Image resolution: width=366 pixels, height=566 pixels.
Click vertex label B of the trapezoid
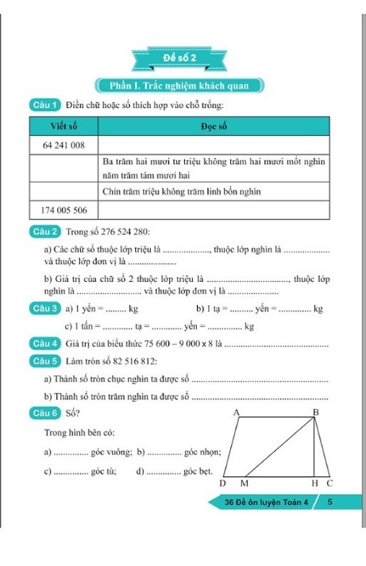(315, 413)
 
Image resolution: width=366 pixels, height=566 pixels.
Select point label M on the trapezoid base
(244, 483)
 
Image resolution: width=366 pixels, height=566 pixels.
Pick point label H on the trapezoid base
(314, 483)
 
